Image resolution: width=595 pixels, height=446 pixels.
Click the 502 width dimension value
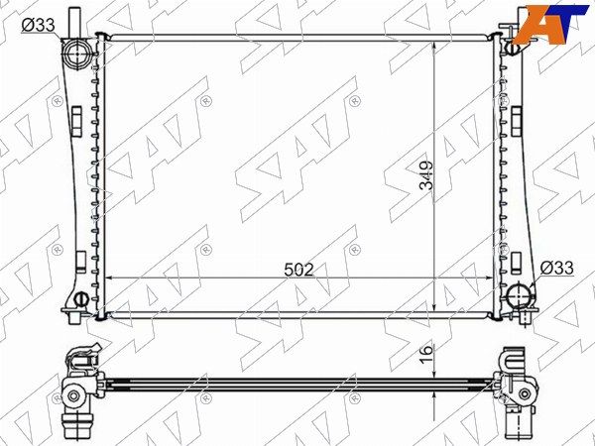(x=299, y=270)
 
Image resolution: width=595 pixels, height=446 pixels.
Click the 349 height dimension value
(x=426, y=175)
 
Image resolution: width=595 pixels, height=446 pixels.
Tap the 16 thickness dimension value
(x=426, y=354)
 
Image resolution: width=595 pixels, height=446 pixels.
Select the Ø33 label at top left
(x=39, y=26)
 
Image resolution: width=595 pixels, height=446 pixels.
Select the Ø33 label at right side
(x=556, y=269)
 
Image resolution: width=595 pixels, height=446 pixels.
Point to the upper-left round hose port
(x=77, y=54)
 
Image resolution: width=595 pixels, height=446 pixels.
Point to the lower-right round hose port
(x=519, y=295)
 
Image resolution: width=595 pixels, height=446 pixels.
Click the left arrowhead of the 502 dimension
(x=107, y=278)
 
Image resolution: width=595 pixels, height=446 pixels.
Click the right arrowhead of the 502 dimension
(x=490, y=278)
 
